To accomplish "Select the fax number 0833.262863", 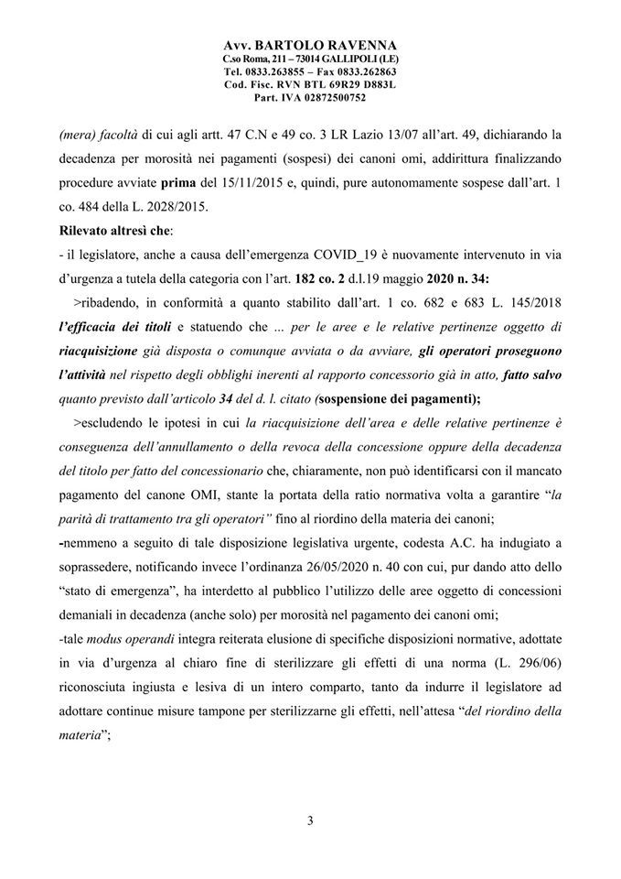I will point(360,71).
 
